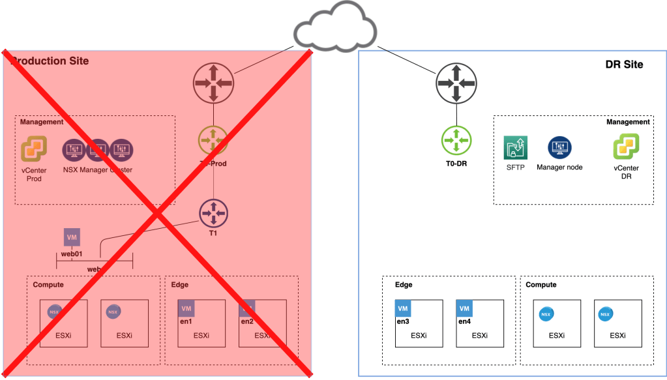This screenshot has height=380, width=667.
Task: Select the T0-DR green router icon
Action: tap(456, 139)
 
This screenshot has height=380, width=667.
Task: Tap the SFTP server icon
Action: tap(515, 148)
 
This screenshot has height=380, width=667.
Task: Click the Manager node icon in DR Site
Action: tap(559, 148)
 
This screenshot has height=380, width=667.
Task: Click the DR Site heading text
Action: tap(623, 65)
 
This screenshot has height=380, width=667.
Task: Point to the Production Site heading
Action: tap(50, 61)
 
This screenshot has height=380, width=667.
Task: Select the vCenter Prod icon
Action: tap(32, 149)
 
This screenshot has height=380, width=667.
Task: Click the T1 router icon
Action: tap(213, 212)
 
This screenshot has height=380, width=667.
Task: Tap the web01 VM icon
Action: tap(72, 237)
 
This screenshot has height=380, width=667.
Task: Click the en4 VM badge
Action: tap(465, 308)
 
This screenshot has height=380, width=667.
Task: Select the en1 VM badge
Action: tap(186, 308)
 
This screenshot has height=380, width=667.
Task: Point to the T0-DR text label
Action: tap(456, 164)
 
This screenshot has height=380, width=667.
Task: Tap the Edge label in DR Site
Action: tap(404, 285)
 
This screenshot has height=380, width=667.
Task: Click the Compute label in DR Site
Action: tap(541, 285)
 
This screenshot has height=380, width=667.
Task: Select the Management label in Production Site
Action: tap(42, 122)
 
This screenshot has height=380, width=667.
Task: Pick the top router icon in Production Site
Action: tap(213, 83)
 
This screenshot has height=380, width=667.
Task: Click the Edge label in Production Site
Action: tap(179, 285)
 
